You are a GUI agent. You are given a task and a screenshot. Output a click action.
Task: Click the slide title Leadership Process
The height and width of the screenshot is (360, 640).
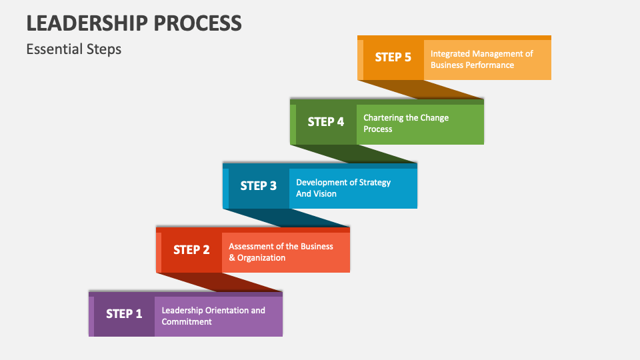tap(134, 23)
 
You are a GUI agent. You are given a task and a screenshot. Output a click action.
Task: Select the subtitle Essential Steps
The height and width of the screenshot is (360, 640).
tap(74, 49)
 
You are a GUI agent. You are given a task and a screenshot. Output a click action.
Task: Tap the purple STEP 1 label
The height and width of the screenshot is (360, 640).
tap(124, 313)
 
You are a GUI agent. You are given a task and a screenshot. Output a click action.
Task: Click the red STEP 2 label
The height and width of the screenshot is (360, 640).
tap(191, 249)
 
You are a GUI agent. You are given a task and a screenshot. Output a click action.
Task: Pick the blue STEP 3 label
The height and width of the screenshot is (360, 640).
tap(258, 185)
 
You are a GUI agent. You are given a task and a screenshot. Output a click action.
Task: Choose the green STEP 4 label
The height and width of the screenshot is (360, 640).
tap(326, 121)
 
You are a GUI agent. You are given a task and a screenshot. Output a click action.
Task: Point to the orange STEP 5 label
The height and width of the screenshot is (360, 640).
tap(393, 57)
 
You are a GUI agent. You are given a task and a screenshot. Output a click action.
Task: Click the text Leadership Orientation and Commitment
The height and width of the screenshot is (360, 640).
tap(213, 316)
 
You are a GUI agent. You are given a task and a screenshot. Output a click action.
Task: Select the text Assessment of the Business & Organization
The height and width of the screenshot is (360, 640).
tap(281, 252)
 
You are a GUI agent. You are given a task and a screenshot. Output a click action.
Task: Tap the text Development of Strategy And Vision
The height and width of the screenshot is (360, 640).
tap(343, 188)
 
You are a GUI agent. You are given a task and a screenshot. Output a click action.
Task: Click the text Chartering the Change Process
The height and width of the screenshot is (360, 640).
tap(406, 123)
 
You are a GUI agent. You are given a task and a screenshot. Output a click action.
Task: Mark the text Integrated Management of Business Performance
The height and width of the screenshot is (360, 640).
tap(481, 59)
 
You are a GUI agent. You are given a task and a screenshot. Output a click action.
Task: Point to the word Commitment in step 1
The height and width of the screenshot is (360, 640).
tap(187, 322)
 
